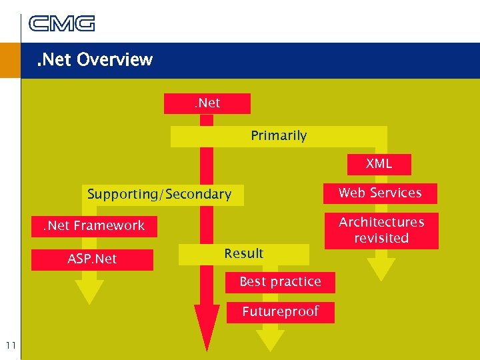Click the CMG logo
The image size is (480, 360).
[62, 23]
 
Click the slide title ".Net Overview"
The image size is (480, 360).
[95, 60]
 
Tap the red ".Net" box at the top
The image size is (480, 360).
[207, 103]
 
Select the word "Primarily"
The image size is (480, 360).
[279, 136]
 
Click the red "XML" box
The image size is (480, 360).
[379, 164]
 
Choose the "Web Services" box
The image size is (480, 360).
[380, 193]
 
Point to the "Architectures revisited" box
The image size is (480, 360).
[381, 230]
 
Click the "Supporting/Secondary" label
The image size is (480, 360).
[159, 195]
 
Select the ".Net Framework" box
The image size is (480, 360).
[94, 226]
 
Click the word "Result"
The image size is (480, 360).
[244, 254]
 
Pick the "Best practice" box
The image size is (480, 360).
[280, 282]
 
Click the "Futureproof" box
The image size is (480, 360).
[280, 312]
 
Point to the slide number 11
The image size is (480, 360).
[10, 345]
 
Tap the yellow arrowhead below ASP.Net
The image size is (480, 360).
[89, 291]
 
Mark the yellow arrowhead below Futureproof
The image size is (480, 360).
[270, 339]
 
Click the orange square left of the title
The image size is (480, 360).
[10, 61]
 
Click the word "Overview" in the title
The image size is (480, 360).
[115, 60]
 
